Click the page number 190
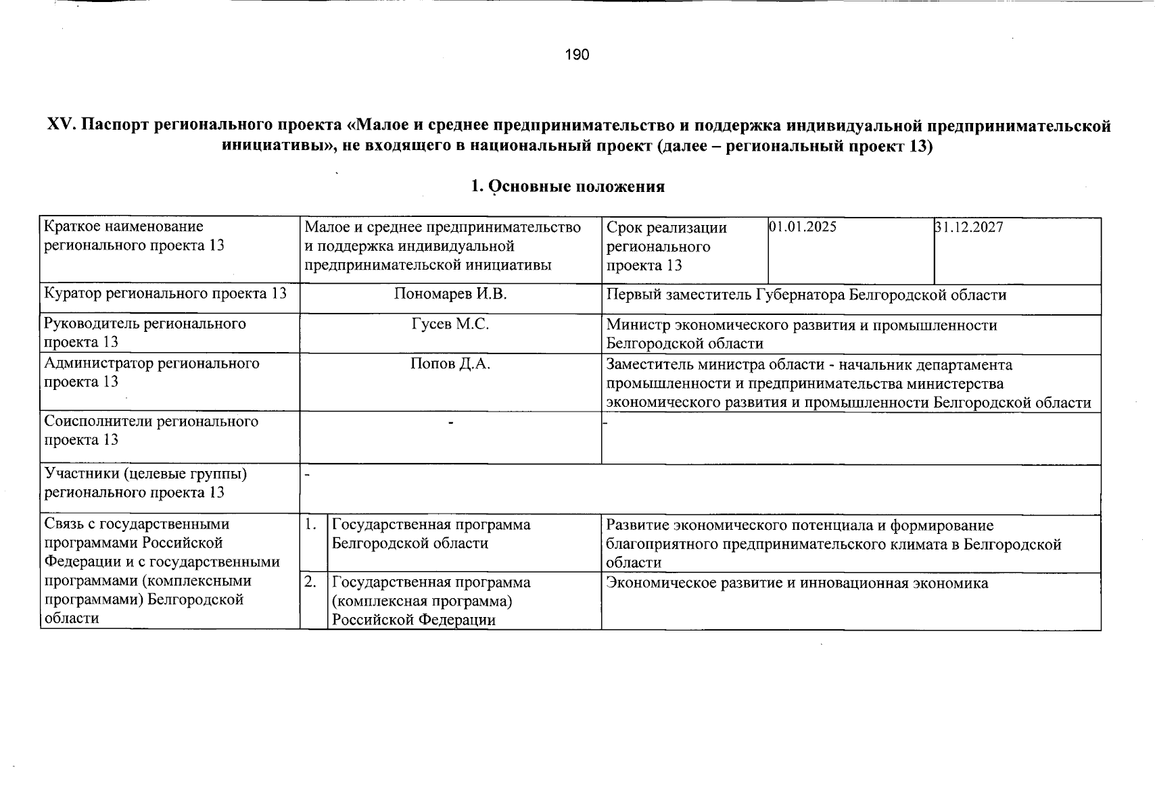tap(577, 55)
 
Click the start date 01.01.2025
tap(802, 227)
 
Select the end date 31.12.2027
tap(968, 227)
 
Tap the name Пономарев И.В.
tap(450, 294)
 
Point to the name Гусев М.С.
tap(450, 324)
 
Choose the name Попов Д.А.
tap(450, 364)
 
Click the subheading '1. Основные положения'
tap(568, 187)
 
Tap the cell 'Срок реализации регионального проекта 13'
tap(666, 246)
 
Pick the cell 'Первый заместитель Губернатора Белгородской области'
tap(806, 295)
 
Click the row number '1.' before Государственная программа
tap(311, 524)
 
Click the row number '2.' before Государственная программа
tap(311, 582)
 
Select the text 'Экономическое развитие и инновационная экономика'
tap(797, 583)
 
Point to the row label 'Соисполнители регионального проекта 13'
tap(151, 431)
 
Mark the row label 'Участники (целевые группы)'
tap(145, 474)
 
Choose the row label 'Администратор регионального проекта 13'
tap(151, 372)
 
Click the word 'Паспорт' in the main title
tap(118, 126)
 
